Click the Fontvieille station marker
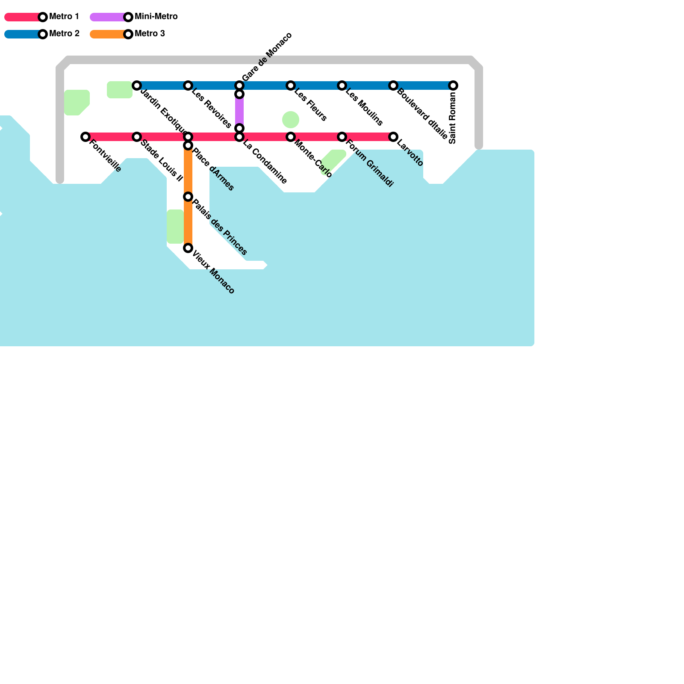pyautogui.click(x=85, y=137)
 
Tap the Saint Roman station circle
pyautogui.click(x=453, y=85)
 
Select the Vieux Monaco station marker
pyautogui.click(x=188, y=248)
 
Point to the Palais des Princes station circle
pyautogui.click(x=188, y=197)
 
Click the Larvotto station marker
pyautogui.click(x=393, y=137)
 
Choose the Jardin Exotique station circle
pyautogui.click(x=137, y=85)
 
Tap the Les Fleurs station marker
pyautogui.click(x=291, y=85)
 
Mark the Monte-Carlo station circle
pyautogui.click(x=291, y=137)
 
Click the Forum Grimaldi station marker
pyautogui.click(x=342, y=137)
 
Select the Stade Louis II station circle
pyautogui.click(x=137, y=137)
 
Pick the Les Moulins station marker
pyautogui.click(x=342, y=85)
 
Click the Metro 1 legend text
pyautogui.click(x=64, y=17)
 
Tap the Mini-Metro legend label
pyautogui.click(x=156, y=17)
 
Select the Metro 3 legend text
pyautogui.click(x=150, y=34)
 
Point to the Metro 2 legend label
pyautogui.click(x=64, y=34)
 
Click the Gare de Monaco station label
pyautogui.click(x=267, y=56)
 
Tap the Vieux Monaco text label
pyautogui.click(x=213, y=272)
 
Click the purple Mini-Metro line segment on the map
pyautogui.click(x=239, y=111)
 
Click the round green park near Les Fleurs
pyautogui.click(x=291, y=120)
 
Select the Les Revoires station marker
pyautogui.click(x=188, y=85)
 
